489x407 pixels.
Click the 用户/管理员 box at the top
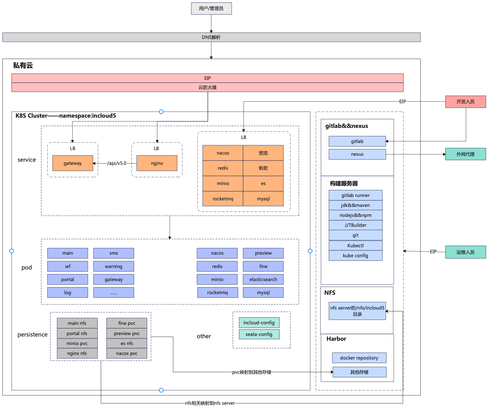[211, 9]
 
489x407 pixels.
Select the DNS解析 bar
[211, 37]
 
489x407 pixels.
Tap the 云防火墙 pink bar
[207, 87]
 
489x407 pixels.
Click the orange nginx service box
[157, 163]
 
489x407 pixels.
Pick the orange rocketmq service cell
[223, 199]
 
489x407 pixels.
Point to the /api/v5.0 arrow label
[117, 163]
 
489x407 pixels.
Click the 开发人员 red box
[465, 102]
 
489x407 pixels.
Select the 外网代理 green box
[465, 154]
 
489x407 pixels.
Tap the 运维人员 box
[465, 252]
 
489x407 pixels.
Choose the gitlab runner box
[355, 195]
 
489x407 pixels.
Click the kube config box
[355, 256]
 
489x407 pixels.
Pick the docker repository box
[359, 358]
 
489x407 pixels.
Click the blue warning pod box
[113, 266]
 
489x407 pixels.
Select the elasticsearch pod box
[263, 279]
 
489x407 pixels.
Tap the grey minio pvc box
[77, 343]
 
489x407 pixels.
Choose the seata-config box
[259, 334]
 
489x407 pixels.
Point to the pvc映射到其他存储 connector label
[252, 372]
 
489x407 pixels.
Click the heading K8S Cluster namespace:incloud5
[66, 116]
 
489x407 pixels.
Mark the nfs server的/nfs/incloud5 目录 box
[357, 311]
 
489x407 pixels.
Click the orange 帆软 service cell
[263, 168]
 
